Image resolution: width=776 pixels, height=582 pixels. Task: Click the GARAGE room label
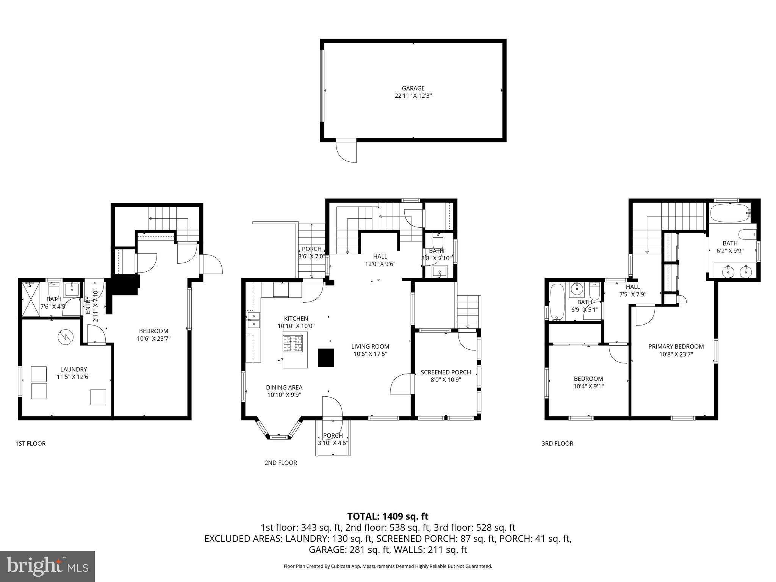tap(413, 88)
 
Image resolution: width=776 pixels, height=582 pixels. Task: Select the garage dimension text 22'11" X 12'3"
tap(413, 96)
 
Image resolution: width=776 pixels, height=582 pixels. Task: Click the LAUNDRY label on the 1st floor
tap(74, 369)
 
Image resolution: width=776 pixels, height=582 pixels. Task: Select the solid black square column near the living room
tap(326, 357)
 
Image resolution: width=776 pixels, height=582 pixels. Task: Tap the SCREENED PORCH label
tap(446, 372)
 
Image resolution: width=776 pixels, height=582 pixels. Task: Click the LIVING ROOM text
tap(370, 346)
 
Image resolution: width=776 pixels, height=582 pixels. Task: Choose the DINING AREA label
tap(284, 387)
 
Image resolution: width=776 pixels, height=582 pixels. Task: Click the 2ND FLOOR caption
tap(281, 463)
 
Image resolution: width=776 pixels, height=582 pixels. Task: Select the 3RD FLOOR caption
tap(557, 443)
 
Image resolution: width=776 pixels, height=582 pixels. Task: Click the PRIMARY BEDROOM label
tap(676, 346)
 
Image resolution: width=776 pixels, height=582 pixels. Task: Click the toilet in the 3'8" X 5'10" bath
tap(438, 239)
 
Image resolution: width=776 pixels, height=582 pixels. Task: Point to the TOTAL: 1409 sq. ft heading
tap(388, 516)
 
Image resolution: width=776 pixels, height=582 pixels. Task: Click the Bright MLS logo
tap(47, 566)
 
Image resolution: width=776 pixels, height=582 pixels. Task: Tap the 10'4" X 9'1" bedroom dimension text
tap(588, 386)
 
